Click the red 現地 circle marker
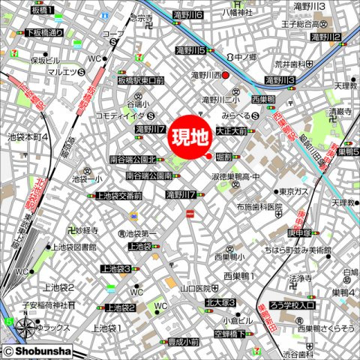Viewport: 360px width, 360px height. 190,138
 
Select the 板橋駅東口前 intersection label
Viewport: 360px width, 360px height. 140,80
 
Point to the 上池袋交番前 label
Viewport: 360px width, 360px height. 118,196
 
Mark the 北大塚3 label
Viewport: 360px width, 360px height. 219,302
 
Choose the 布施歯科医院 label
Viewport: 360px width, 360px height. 257,207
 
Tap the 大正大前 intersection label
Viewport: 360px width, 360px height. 231,130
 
